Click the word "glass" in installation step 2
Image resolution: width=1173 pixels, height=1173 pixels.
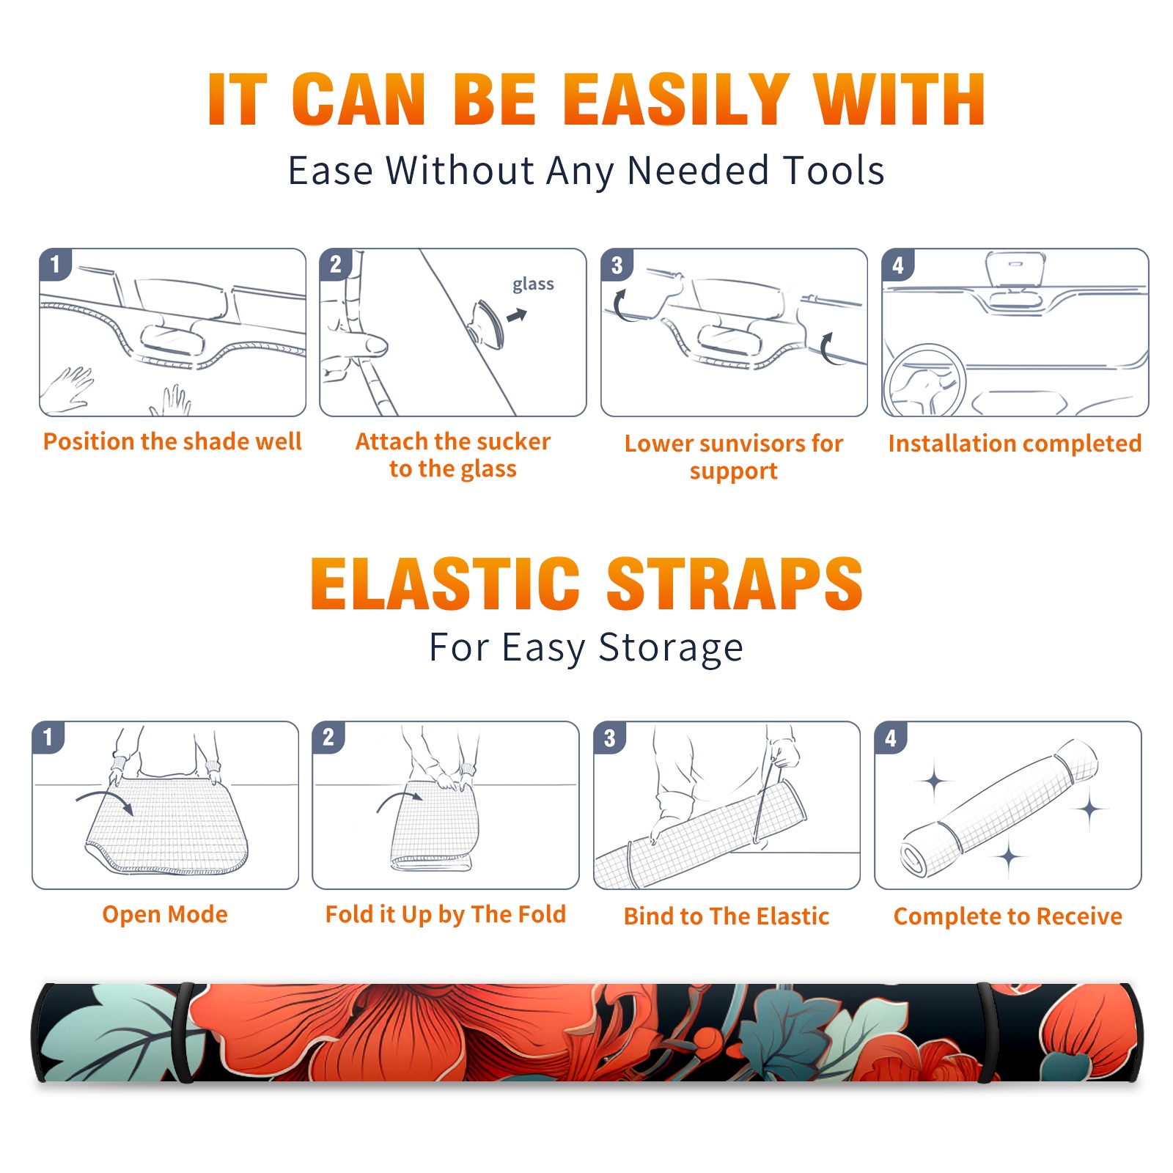click(x=533, y=284)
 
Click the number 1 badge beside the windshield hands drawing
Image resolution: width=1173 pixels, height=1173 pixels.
click(x=56, y=264)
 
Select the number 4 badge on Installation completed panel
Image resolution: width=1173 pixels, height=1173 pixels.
click(x=898, y=265)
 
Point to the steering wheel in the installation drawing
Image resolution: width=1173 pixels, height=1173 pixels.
click(x=924, y=380)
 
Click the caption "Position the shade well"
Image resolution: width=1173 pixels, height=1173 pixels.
click(x=172, y=441)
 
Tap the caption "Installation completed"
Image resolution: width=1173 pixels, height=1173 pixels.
click(x=1015, y=444)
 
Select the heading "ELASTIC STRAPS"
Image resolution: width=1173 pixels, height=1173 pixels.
click(x=586, y=584)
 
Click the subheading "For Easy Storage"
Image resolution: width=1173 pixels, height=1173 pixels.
click(x=586, y=647)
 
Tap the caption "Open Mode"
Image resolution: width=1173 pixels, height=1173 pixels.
click(x=165, y=914)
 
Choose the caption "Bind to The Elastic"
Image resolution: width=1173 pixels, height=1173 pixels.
click(x=727, y=916)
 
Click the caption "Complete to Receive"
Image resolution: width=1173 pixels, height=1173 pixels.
click(x=1008, y=916)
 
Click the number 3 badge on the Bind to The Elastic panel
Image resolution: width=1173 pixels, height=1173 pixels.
click(x=610, y=738)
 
